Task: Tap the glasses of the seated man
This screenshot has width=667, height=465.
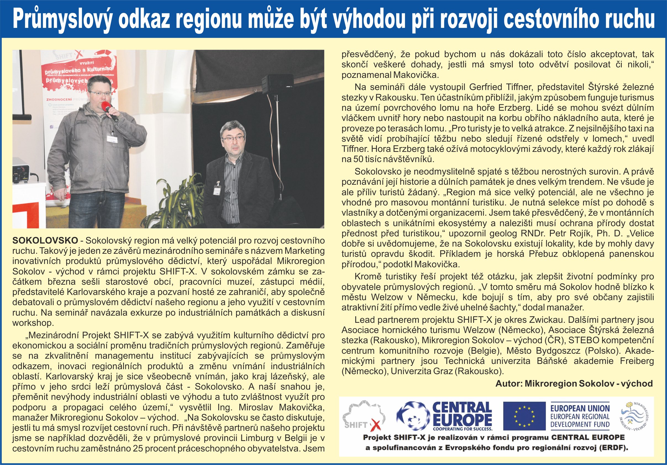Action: coord(233,138)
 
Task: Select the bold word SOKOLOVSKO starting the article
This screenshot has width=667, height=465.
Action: coord(45,241)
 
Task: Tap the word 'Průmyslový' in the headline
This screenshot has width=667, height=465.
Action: coord(62,19)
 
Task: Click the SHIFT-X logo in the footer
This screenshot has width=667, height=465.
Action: coord(363,416)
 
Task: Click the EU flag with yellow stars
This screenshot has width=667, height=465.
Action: coord(524,416)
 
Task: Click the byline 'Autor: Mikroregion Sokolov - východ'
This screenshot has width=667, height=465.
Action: coord(574,384)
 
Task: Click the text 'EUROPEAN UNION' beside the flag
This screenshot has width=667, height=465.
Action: coord(580,408)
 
